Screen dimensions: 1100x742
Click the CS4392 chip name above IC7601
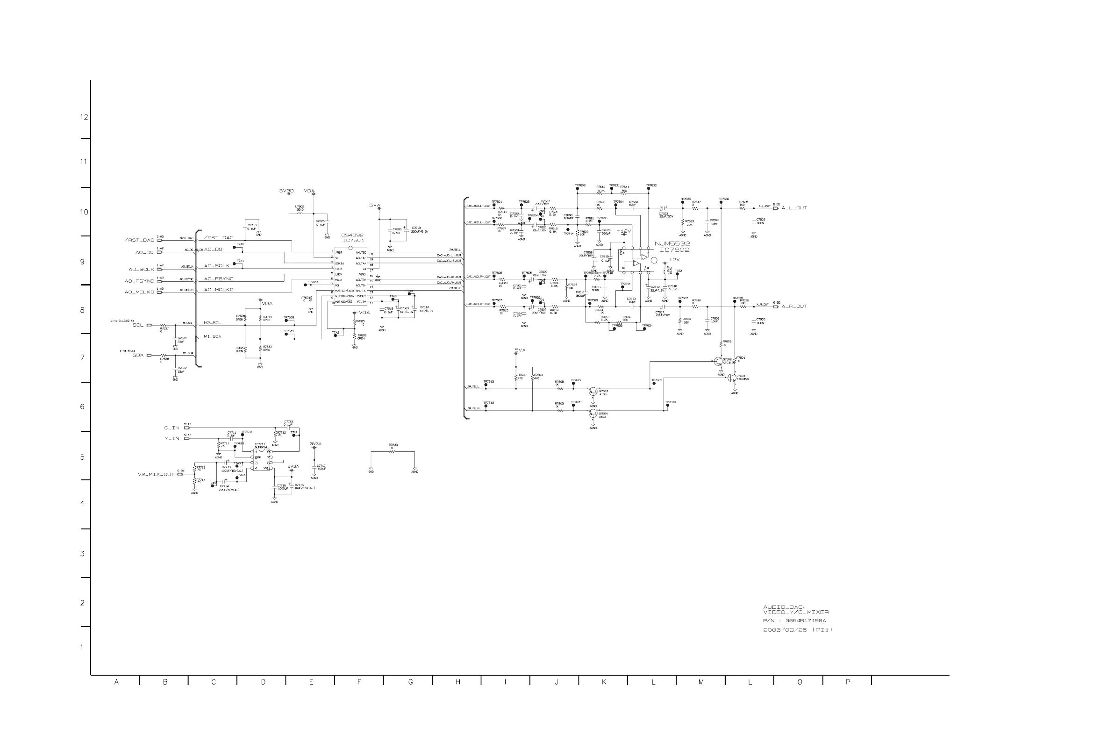352,235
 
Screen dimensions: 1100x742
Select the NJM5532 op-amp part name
672,244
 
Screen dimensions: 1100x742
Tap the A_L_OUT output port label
794,208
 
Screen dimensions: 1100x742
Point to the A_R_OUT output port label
794,307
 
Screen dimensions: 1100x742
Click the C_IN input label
172,428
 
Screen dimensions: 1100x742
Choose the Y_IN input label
172,439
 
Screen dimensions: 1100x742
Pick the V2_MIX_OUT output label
156,474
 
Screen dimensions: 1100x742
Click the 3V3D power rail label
286,191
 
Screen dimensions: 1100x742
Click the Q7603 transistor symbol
593,392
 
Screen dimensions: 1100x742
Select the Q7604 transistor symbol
593,413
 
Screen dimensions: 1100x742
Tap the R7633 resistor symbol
392,452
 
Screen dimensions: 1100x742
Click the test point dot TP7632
648,189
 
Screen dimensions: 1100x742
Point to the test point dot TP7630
667,406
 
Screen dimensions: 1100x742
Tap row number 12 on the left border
84,117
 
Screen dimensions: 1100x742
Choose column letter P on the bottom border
847,682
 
